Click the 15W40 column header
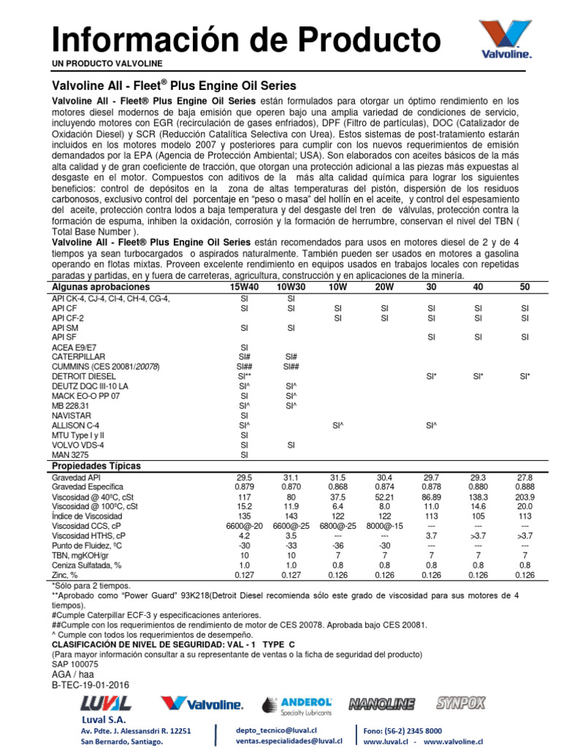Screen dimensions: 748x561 (x=244, y=288)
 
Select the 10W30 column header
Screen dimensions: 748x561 (x=290, y=288)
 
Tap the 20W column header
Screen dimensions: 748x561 (x=384, y=288)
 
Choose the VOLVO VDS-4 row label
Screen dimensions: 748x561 (x=79, y=444)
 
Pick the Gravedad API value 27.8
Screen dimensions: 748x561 (x=524, y=477)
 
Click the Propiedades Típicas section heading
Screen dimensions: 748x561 (x=96, y=465)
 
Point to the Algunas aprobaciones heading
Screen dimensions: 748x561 (x=96, y=288)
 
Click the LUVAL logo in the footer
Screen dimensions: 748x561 (x=106, y=704)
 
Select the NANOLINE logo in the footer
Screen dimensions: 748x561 (x=381, y=704)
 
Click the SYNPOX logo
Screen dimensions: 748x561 (x=460, y=703)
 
